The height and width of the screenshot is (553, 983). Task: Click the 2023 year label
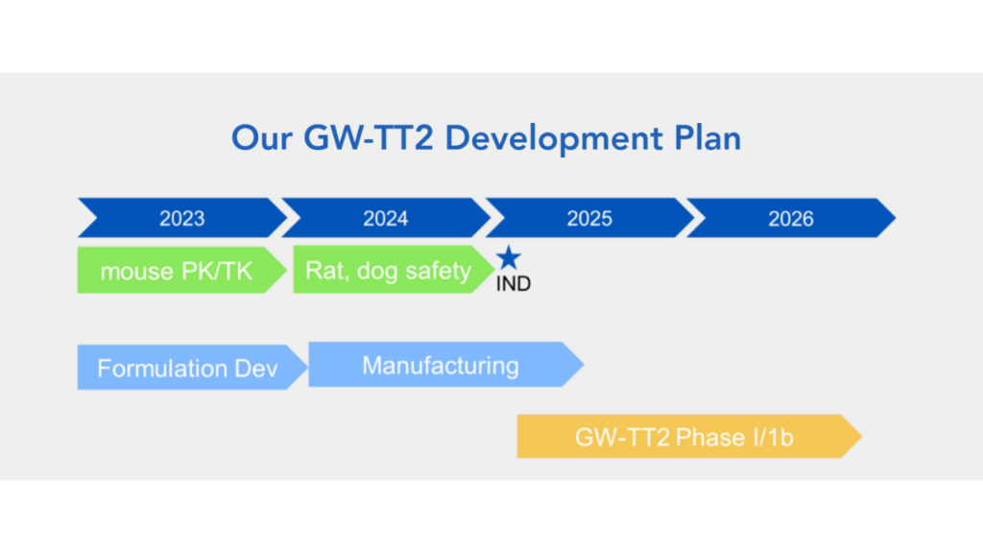pos(181,218)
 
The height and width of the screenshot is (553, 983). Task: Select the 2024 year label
pos(386,218)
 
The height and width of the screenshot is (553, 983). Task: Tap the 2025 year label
pos(589,218)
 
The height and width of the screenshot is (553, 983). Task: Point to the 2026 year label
pos(791,218)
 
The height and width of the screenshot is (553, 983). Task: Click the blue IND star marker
pos(509,257)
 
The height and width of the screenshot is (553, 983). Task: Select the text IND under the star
pos(514,284)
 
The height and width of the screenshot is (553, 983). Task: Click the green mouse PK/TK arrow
pos(181,270)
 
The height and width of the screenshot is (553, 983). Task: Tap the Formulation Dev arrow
pos(192,368)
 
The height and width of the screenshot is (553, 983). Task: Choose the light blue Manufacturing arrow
pos(445,364)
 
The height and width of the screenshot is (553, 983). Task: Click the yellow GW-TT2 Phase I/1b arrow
pos(689,437)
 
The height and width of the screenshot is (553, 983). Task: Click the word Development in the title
pos(554,138)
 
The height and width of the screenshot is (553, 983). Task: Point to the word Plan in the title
pos(707,137)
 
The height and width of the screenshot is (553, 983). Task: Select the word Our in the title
pos(261,138)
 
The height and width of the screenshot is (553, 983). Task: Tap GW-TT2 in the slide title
pos(369,137)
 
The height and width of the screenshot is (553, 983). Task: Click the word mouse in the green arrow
pos(136,272)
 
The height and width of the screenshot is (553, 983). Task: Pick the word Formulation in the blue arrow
pos(162,368)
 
